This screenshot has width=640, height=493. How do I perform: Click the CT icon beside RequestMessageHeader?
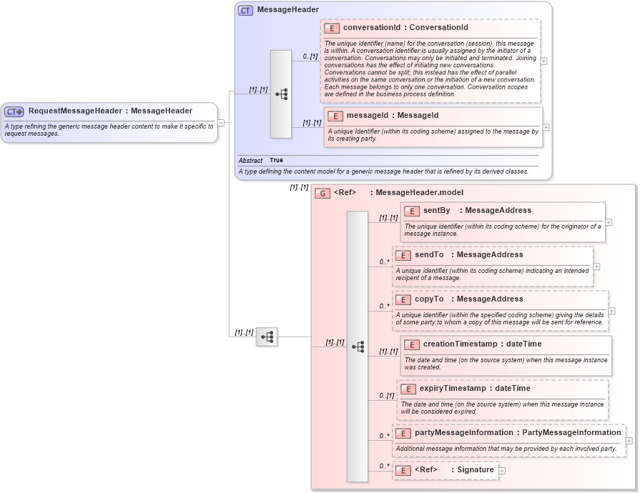coord(14,111)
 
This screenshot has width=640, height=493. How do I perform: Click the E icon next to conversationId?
coord(332,28)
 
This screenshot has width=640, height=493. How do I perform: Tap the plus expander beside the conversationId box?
coord(544,61)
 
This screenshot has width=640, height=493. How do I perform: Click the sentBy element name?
coord(436,211)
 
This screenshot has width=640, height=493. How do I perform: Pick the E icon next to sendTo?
coord(403,255)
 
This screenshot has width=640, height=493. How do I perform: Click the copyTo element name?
coord(429,299)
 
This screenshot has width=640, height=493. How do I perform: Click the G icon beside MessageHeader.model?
coord(323,193)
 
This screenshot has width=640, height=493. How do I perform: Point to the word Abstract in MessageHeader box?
coord(250,161)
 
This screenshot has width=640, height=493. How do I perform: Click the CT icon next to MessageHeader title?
coord(245,11)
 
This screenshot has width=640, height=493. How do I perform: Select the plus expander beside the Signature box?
coord(502,471)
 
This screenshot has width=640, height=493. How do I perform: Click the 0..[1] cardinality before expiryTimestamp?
coord(386,396)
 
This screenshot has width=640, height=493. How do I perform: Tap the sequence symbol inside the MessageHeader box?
coord(281,94)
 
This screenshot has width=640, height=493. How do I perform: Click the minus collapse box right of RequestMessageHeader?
coord(221,122)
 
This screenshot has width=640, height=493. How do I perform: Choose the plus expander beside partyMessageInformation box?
coord(629,441)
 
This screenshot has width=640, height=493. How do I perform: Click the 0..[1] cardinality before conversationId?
coord(310,56)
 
